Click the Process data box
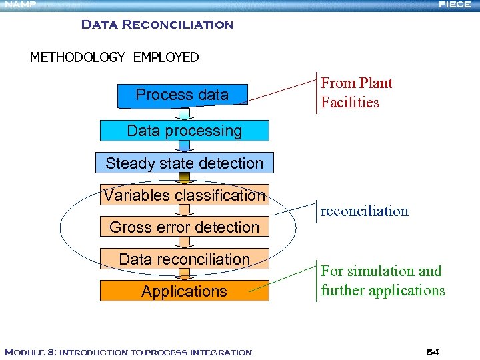tap(182, 95)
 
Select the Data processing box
tap(185, 131)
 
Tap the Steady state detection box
tap(185, 163)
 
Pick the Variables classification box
tap(185, 195)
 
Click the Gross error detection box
tap(185, 227)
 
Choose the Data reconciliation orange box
tap(185, 259)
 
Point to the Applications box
tap(185, 291)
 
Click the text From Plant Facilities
tap(356, 93)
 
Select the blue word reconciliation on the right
tap(364, 211)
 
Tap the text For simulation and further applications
tap(382, 281)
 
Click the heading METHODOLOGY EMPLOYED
tap(114, 57)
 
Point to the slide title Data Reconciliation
tap(157, 25)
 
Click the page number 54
tap(432, 351)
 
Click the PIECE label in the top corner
tap(455, 5)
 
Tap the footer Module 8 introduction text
tap(128, 352)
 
